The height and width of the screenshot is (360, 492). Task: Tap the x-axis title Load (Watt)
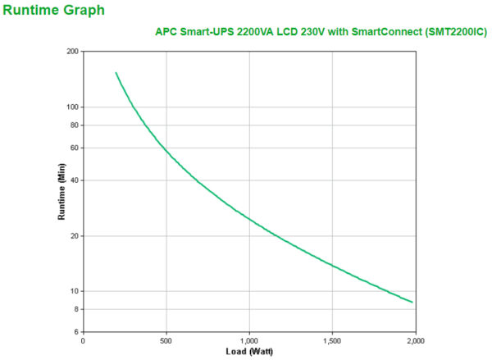[248, 352]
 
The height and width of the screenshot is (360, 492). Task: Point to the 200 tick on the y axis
[71, 51]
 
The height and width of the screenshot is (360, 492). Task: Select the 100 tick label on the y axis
[71, 107]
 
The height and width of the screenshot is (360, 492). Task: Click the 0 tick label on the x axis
[83, 340]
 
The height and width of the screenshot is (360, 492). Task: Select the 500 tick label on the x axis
[166, 340]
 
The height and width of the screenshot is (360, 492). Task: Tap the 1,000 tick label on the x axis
[248, 340]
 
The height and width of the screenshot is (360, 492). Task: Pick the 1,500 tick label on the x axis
[332, 340]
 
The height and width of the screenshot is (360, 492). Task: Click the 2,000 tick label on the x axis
[415, 340]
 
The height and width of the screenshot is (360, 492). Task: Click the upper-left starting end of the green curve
[116, 72]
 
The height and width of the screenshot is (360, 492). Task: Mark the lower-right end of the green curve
[412, 303]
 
